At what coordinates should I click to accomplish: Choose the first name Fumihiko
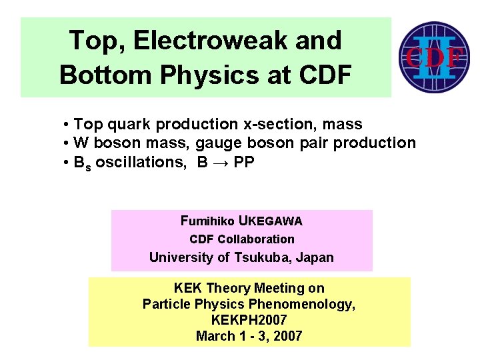(x=207, y=221)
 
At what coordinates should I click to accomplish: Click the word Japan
(x=315, y=257)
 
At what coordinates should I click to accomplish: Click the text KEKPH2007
(x=249, y=320)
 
